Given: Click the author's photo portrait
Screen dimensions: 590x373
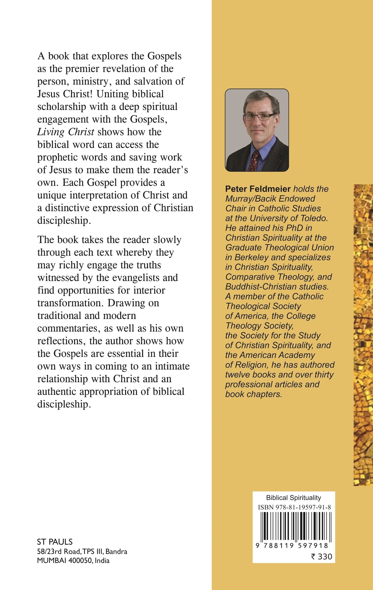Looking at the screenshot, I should tap(257, 130).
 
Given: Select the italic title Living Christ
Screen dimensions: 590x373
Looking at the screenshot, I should tap(65, 132).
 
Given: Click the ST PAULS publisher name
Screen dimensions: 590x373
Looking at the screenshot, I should tap(55, 542).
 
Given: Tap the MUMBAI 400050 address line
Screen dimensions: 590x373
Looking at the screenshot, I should tap(73, 560).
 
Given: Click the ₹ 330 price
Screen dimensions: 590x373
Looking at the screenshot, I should tap(321, 556).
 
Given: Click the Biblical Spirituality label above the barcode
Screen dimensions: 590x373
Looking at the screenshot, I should tap(293, 498).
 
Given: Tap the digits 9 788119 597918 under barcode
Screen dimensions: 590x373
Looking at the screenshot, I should tap(292, 545).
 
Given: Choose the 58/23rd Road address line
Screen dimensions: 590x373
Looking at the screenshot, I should tap(82, 551).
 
